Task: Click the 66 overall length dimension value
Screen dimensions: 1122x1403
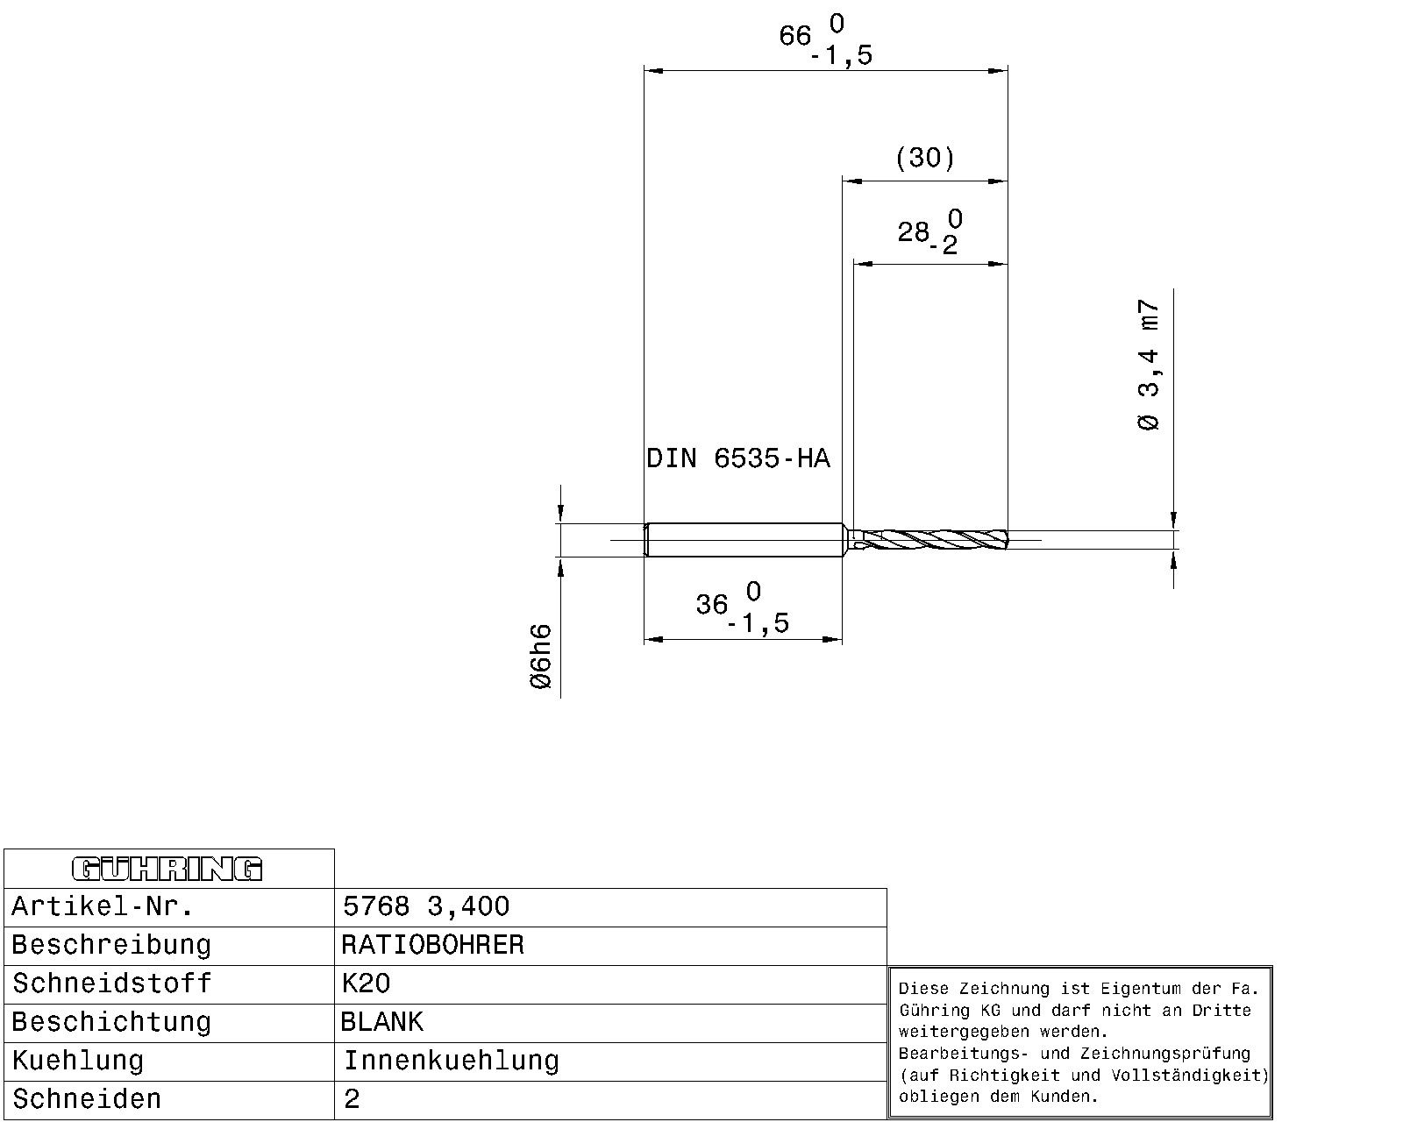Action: click(796, 37)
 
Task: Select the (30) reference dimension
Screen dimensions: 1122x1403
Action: click(925, 158)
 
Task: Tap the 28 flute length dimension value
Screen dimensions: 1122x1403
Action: click(914, 232)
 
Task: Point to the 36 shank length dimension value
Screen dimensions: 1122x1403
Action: click(712, 605)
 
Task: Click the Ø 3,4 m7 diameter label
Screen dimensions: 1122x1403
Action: click(1149, 365)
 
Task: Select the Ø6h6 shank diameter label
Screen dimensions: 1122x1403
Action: click(542, 657)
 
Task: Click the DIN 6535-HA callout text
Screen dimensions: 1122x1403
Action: click(737, 458)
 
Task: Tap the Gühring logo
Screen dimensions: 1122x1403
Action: click(167, 869)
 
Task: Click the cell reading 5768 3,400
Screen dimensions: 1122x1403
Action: click(425, 906)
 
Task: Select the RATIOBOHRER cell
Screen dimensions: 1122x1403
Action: click(432, 945)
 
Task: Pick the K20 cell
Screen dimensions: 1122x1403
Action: click(366, 984)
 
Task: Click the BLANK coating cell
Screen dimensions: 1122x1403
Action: click(382, 1022)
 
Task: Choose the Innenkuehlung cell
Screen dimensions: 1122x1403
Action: click(451, 1061)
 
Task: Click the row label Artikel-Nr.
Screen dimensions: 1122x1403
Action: click(103, 906)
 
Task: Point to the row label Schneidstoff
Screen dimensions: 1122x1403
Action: click(111, 984)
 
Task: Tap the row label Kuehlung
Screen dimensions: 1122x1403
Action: click(78, 1061)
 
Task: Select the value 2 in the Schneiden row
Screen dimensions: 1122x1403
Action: click(352, 1099)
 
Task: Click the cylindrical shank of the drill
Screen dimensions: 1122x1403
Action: click(744, 539)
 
